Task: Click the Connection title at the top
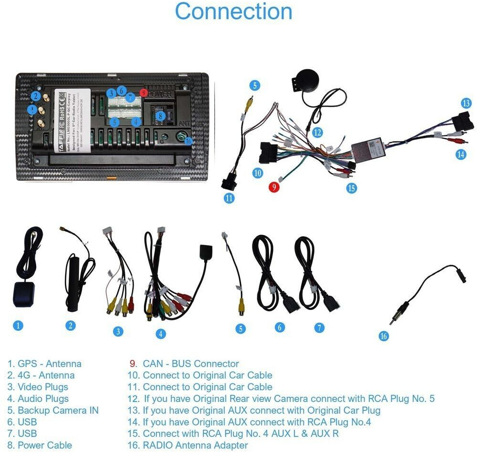(x=233, y=11)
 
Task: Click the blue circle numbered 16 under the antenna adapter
(x=384, y=336)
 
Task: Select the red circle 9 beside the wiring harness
(x=274, y=187)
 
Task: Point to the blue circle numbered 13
(x=466, y=103)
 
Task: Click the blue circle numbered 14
(x=460, y=154)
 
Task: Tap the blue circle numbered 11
(x=230, y=197)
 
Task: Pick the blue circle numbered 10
(x=258, y=173)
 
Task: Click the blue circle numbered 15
(x=352, y=188)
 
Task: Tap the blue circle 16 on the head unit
(x=188, y=141)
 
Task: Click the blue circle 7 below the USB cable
(x=319, y=328)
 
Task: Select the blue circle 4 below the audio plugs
(x=161, y=334)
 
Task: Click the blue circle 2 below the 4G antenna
(x=71, y=326)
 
